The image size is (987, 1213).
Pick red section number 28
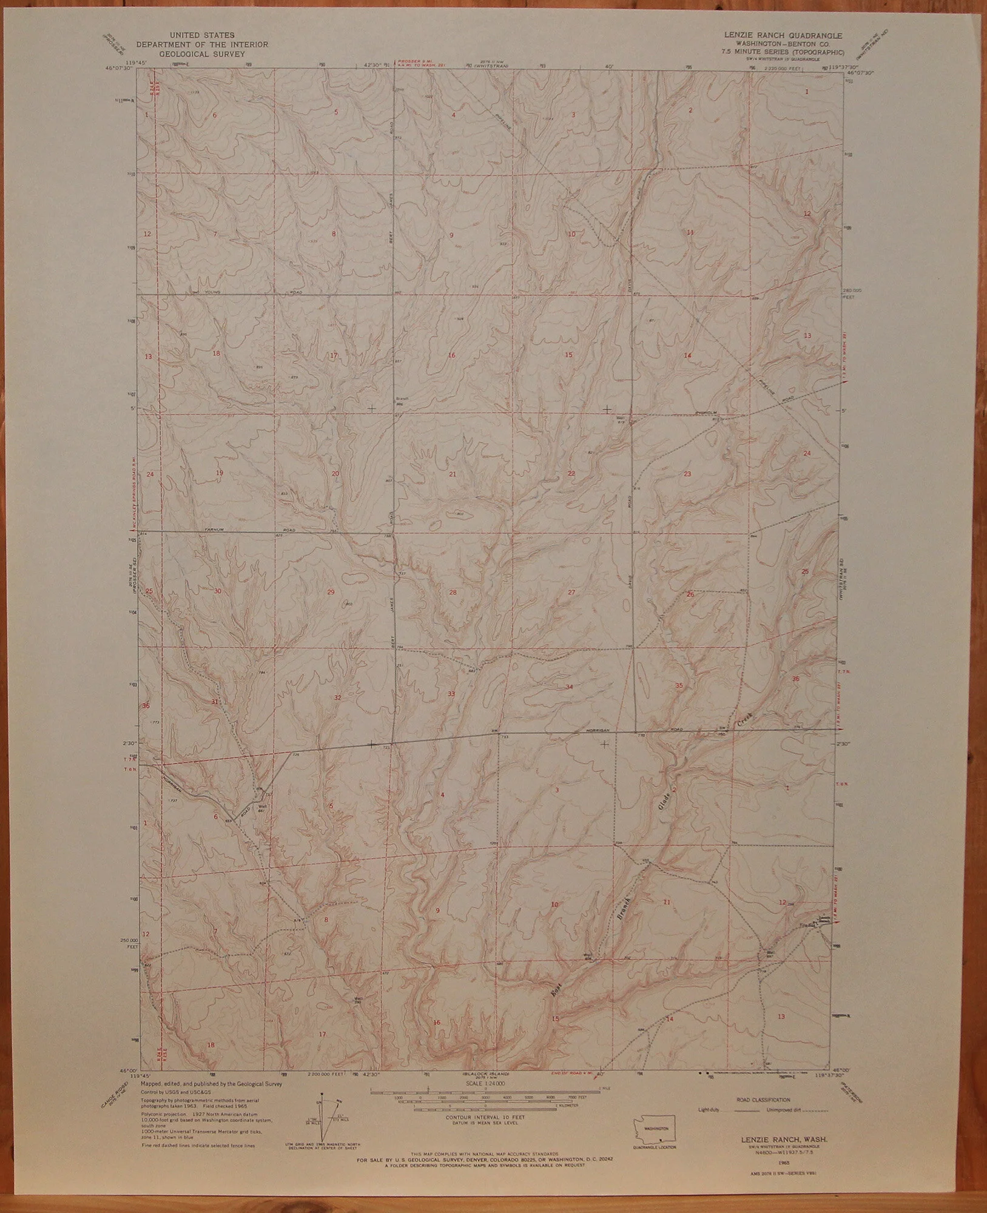click(452, 592)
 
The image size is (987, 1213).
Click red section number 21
click(452, 474)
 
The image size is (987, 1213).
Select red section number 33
click(451, 693)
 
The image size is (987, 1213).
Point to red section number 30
click(218, 591)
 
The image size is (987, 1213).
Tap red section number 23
click(687, 474)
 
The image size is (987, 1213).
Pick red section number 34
click(569, 687)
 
